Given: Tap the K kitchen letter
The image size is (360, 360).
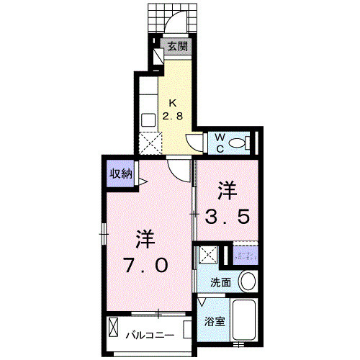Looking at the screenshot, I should point(173,102).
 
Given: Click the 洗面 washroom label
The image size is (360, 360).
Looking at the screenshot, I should point(220,282).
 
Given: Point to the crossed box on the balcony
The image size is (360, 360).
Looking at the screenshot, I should point(114,328).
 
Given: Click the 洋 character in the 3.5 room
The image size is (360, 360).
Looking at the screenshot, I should point(228,191).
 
